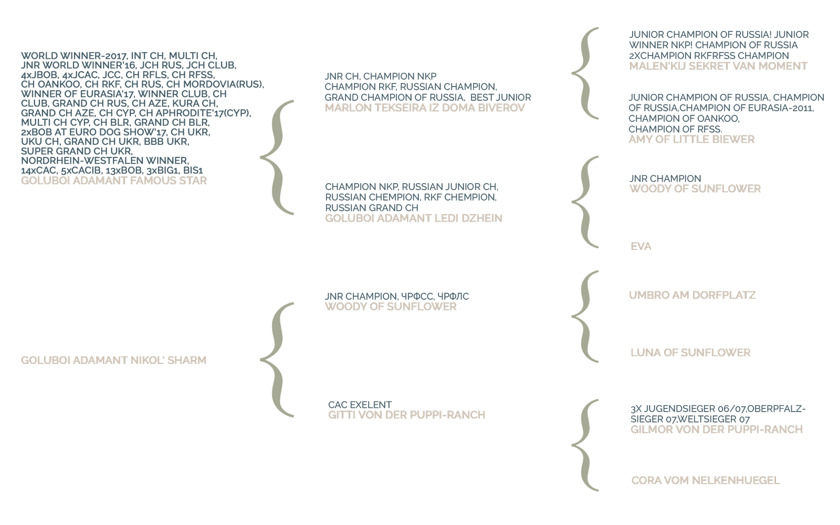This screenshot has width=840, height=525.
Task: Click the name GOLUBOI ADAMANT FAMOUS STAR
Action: pyautogui.click(x=114, y=181)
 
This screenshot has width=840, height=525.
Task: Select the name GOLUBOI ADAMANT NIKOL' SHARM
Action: pyautogui.click(x=114, y=361)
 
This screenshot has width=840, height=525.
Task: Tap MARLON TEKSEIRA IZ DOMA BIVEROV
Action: pyautogui.click(x=425, y=108)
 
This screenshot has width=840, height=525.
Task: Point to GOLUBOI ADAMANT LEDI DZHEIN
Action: pyautogui.click(x=414, y=218)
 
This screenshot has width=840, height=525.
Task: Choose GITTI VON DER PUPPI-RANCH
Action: pyautogui.click(x=407, y=415)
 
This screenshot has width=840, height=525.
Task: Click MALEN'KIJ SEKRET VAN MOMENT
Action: pyautogui.click(x=718, y=66)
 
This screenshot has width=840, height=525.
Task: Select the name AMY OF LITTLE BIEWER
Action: pyautogui.click(x=691, y=140)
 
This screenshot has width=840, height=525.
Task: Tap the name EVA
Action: pyautogui.click(x=641, y=247)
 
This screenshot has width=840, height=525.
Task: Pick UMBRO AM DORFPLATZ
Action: pyautogui.click(x=692, y=296)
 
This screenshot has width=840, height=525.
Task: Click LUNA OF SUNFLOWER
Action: pyautogui.click(x=690, y=353)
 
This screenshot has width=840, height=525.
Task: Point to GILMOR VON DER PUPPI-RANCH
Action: pyautogui.click(x=717, y=430)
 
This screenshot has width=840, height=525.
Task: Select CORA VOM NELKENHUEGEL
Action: pyautogui.click(x=706, y=481)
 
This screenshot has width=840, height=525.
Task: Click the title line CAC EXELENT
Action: pyautogui.click(x=360, y=405)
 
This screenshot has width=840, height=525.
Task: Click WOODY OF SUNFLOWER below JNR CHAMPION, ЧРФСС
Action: pyautogui.click(x=391, y=307)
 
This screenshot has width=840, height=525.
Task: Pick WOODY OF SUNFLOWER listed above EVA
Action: pyautogui.click(x=695, y=189)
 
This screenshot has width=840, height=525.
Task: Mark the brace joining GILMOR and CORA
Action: pyautogui.click(x=586, y=445)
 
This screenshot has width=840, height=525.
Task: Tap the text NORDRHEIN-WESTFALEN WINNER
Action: pyautogui.click(x=104, y=161)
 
